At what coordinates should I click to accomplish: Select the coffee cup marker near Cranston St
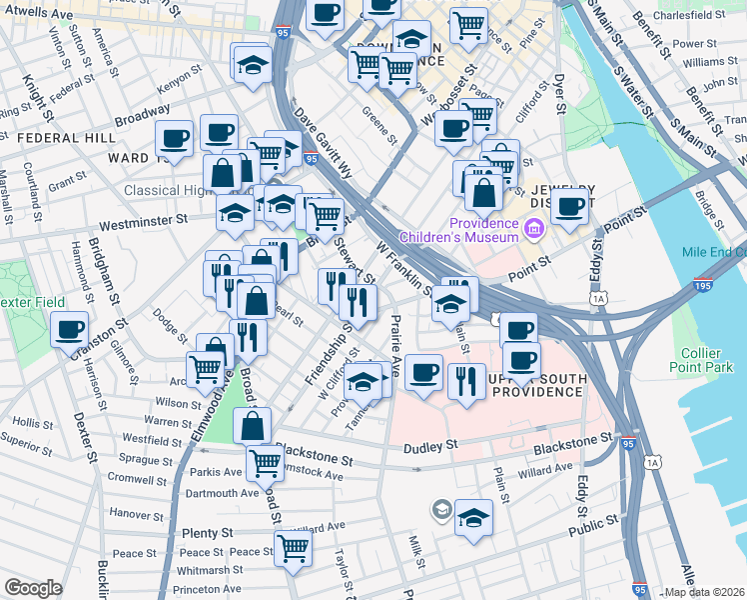tap(70, 330)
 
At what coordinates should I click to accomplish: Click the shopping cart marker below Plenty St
tap(293, 547)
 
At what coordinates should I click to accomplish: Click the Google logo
tap(34, 588)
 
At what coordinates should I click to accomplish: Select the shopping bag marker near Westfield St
tap(253, 424)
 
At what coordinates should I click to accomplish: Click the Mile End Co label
tap(713, 252)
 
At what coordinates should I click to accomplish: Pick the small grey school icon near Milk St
tap(440, 511)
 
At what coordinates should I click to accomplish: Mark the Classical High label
tap(163, 190)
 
